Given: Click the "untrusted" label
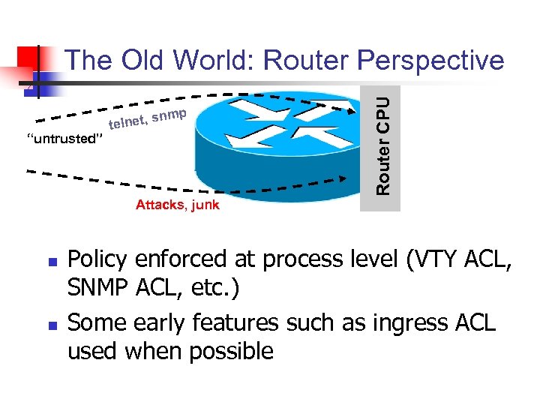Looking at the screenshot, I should pyautogui.click(x=64, y=139).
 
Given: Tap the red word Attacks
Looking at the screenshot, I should pyautogui.click(x=160, y=205).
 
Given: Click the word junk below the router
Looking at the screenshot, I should pyautogui.click(x=205, y=205).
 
